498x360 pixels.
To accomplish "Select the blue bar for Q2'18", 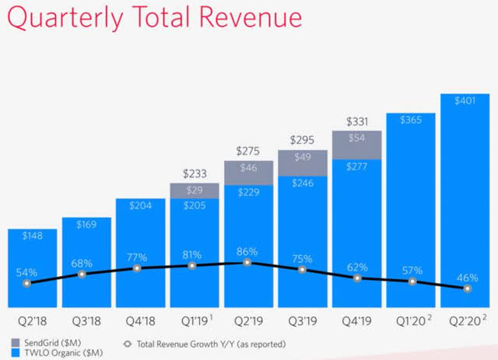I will click(x=32, y=264).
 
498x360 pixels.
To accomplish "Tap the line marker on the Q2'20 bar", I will click(x=468, y=288).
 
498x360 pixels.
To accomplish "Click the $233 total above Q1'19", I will click(x=194, y=174).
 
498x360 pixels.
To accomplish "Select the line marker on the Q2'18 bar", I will click(x=28, y=283).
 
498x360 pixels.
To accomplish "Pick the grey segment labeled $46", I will click(x=248, y=169).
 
